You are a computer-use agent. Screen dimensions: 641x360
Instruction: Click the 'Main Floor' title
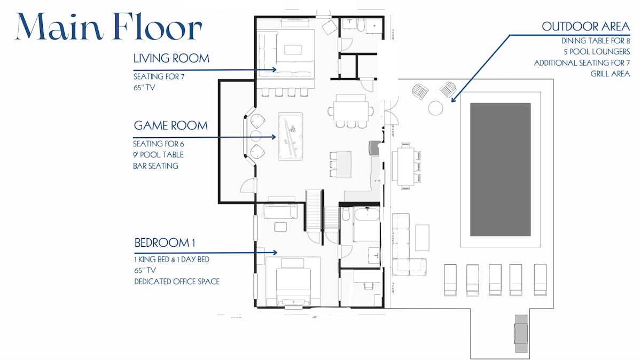pyautogui.click(x=109, y=26)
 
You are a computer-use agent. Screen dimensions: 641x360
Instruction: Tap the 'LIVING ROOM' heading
pyautogui.click(x=171, y=58)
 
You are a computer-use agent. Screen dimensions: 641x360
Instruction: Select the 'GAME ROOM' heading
pyautogui.click(x=171, y=126)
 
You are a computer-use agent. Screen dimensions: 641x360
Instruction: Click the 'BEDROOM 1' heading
pyautogui.click(x=165, y=243)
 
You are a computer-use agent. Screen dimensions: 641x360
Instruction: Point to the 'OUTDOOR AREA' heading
pyautogui.click(x=586, y=27)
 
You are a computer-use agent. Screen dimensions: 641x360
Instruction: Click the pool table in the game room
pyautogui.click(x=291, y=136)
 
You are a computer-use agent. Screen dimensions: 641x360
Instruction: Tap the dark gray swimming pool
pyautogui.click(x=500, y=169)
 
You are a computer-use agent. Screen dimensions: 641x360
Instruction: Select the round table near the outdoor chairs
pyautogui.click(x=435, y=108)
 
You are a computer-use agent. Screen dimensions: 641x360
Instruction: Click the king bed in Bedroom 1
pyautogui.click(x=293, y=287)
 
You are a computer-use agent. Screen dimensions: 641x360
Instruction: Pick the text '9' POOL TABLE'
pyautogui.click(x=158, y=155)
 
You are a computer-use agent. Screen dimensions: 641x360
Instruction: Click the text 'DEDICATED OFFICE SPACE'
pyautogui.click(x=177, y=281)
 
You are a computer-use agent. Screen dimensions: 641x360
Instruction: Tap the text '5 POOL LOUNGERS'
pyautogui.click(x=597, y=52)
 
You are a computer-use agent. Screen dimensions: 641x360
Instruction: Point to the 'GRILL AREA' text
pyautogui.click(x=610, y=74)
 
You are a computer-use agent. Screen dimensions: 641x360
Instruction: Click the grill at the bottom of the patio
pyautogui.click(x=521, y=334)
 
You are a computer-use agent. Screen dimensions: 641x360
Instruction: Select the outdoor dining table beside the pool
pyautogui.click(x=406, y=166)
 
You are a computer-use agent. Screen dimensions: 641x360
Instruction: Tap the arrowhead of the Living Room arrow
pyautogui.click(x=274, y=69)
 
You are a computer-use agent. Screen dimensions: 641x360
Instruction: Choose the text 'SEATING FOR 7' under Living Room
pyautogui.click(x=159, y=77)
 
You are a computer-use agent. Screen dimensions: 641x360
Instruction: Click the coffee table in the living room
pyautogui.click(x=293, y=50)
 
